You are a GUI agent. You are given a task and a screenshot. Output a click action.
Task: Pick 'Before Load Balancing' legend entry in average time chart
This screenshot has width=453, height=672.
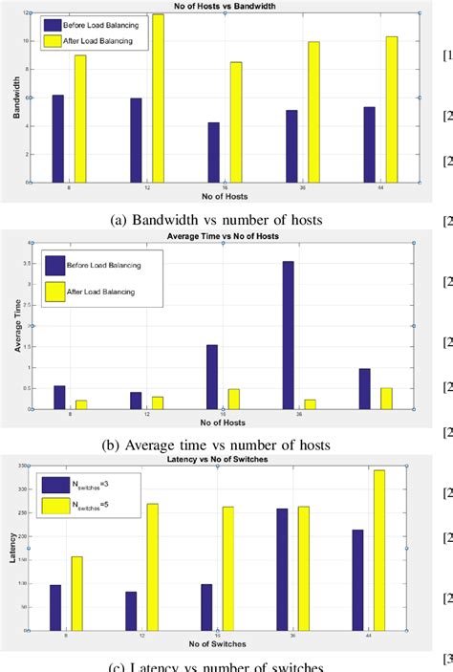pyautogui.click(x=105, y=261)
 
